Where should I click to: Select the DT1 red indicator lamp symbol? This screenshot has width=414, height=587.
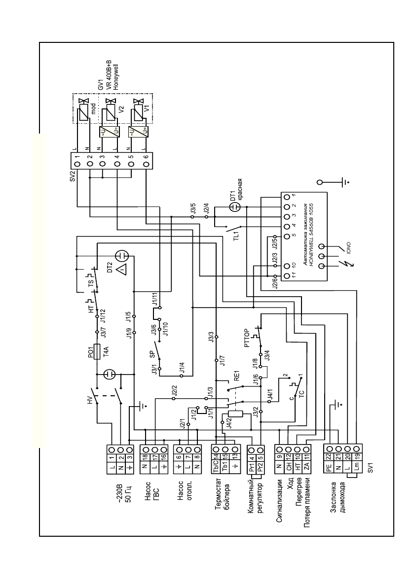tap(235, 208)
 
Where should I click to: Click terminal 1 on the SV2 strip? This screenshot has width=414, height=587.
tap(77, 159)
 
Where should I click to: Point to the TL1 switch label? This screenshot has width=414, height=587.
tap(236, 234)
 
